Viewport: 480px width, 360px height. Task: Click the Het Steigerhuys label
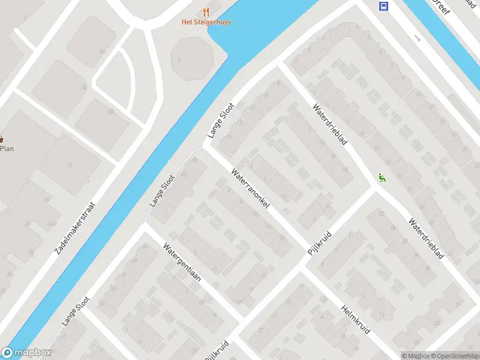(206, 22)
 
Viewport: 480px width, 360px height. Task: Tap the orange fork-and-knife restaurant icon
(206, 11)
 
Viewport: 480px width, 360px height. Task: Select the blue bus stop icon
(383, 6)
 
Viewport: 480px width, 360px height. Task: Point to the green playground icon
(380, 177)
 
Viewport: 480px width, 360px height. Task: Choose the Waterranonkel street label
(250, 188)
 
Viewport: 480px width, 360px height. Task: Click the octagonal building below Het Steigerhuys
(192, 58)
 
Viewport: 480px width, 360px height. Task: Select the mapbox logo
(26, 353)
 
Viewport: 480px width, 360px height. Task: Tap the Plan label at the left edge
(7, 149)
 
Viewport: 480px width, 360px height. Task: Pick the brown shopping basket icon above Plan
(2, 139)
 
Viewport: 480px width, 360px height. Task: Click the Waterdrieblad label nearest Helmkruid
(425, 238)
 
